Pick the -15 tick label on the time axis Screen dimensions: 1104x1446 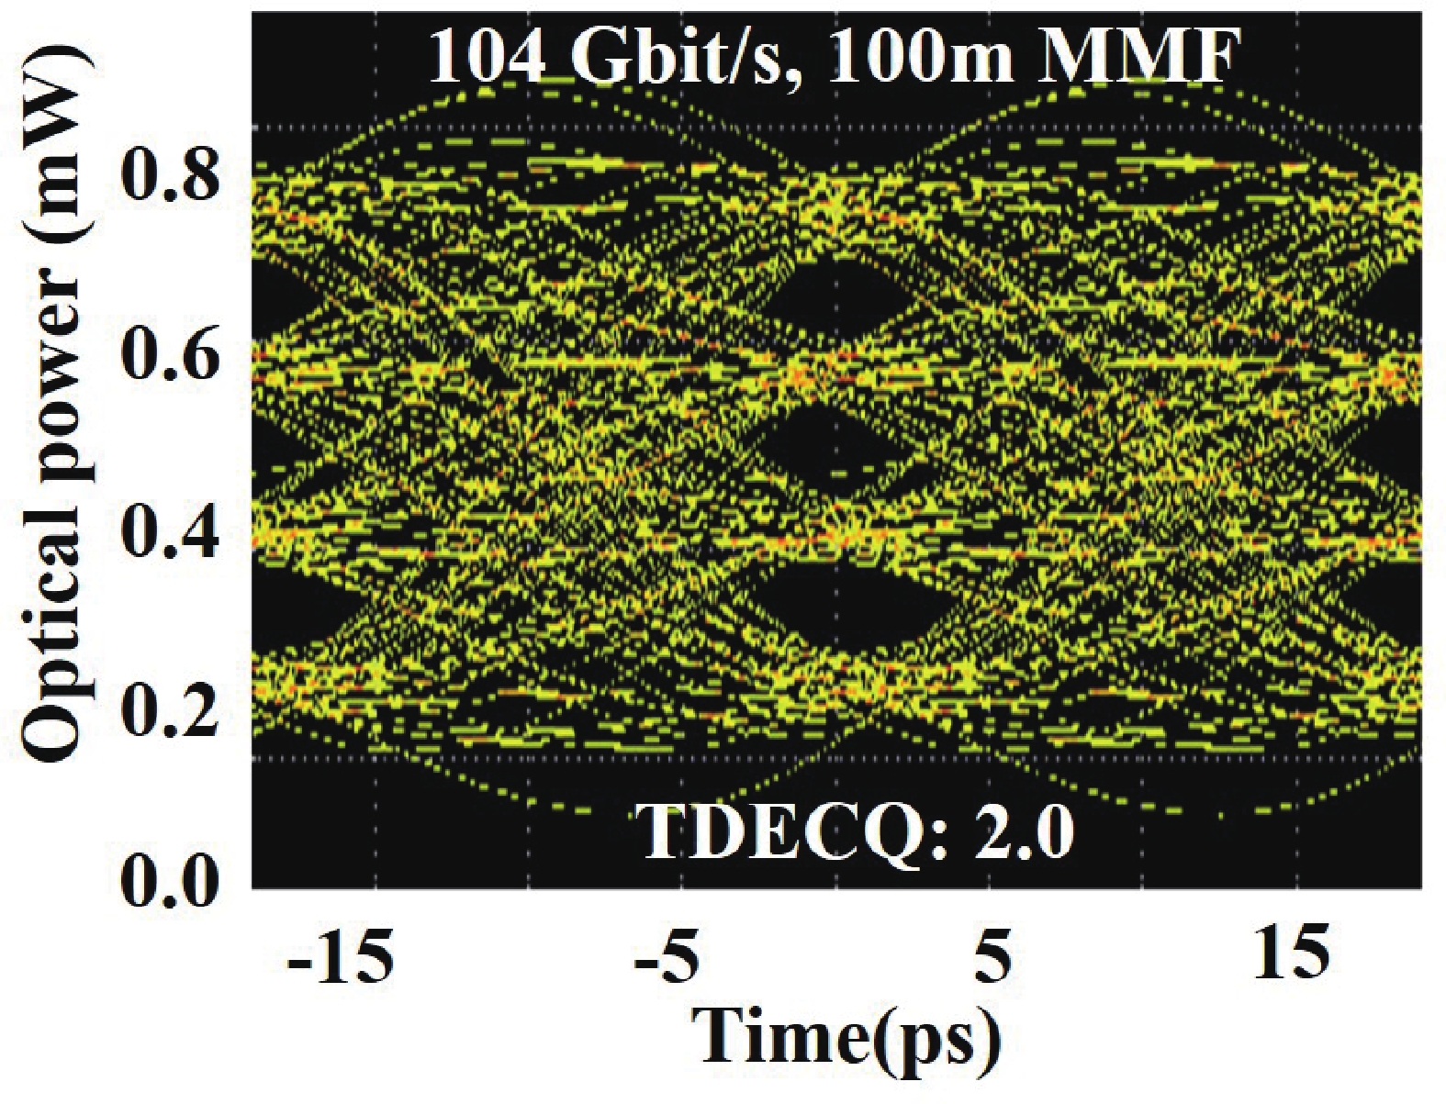click(x=341, y=957)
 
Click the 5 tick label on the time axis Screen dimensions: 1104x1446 click(x=991, y=957)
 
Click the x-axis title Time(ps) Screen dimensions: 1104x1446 click(x=845, y=1037)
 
